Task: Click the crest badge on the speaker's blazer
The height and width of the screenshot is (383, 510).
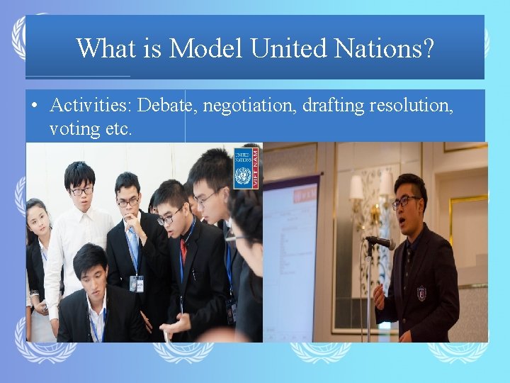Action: pyautogui.click(x=421, y=292)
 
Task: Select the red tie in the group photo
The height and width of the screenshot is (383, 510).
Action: pyautogui.click(x=183, y=250)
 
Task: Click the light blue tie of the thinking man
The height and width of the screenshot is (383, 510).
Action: pyautogui.click(x=133, y=244)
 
